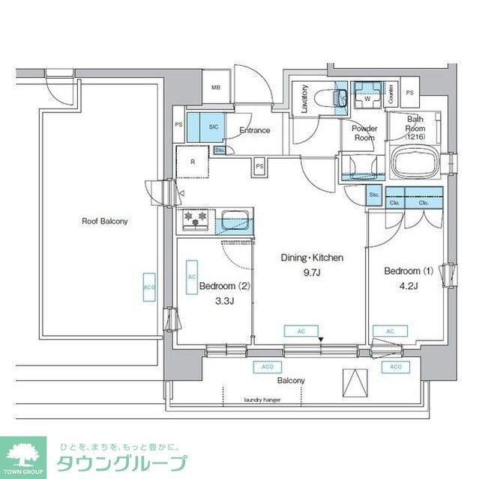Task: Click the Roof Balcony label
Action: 105,222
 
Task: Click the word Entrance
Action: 255,131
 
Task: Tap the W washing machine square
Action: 368,98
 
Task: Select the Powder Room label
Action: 364,133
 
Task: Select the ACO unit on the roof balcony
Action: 148,287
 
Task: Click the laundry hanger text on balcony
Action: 262,399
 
